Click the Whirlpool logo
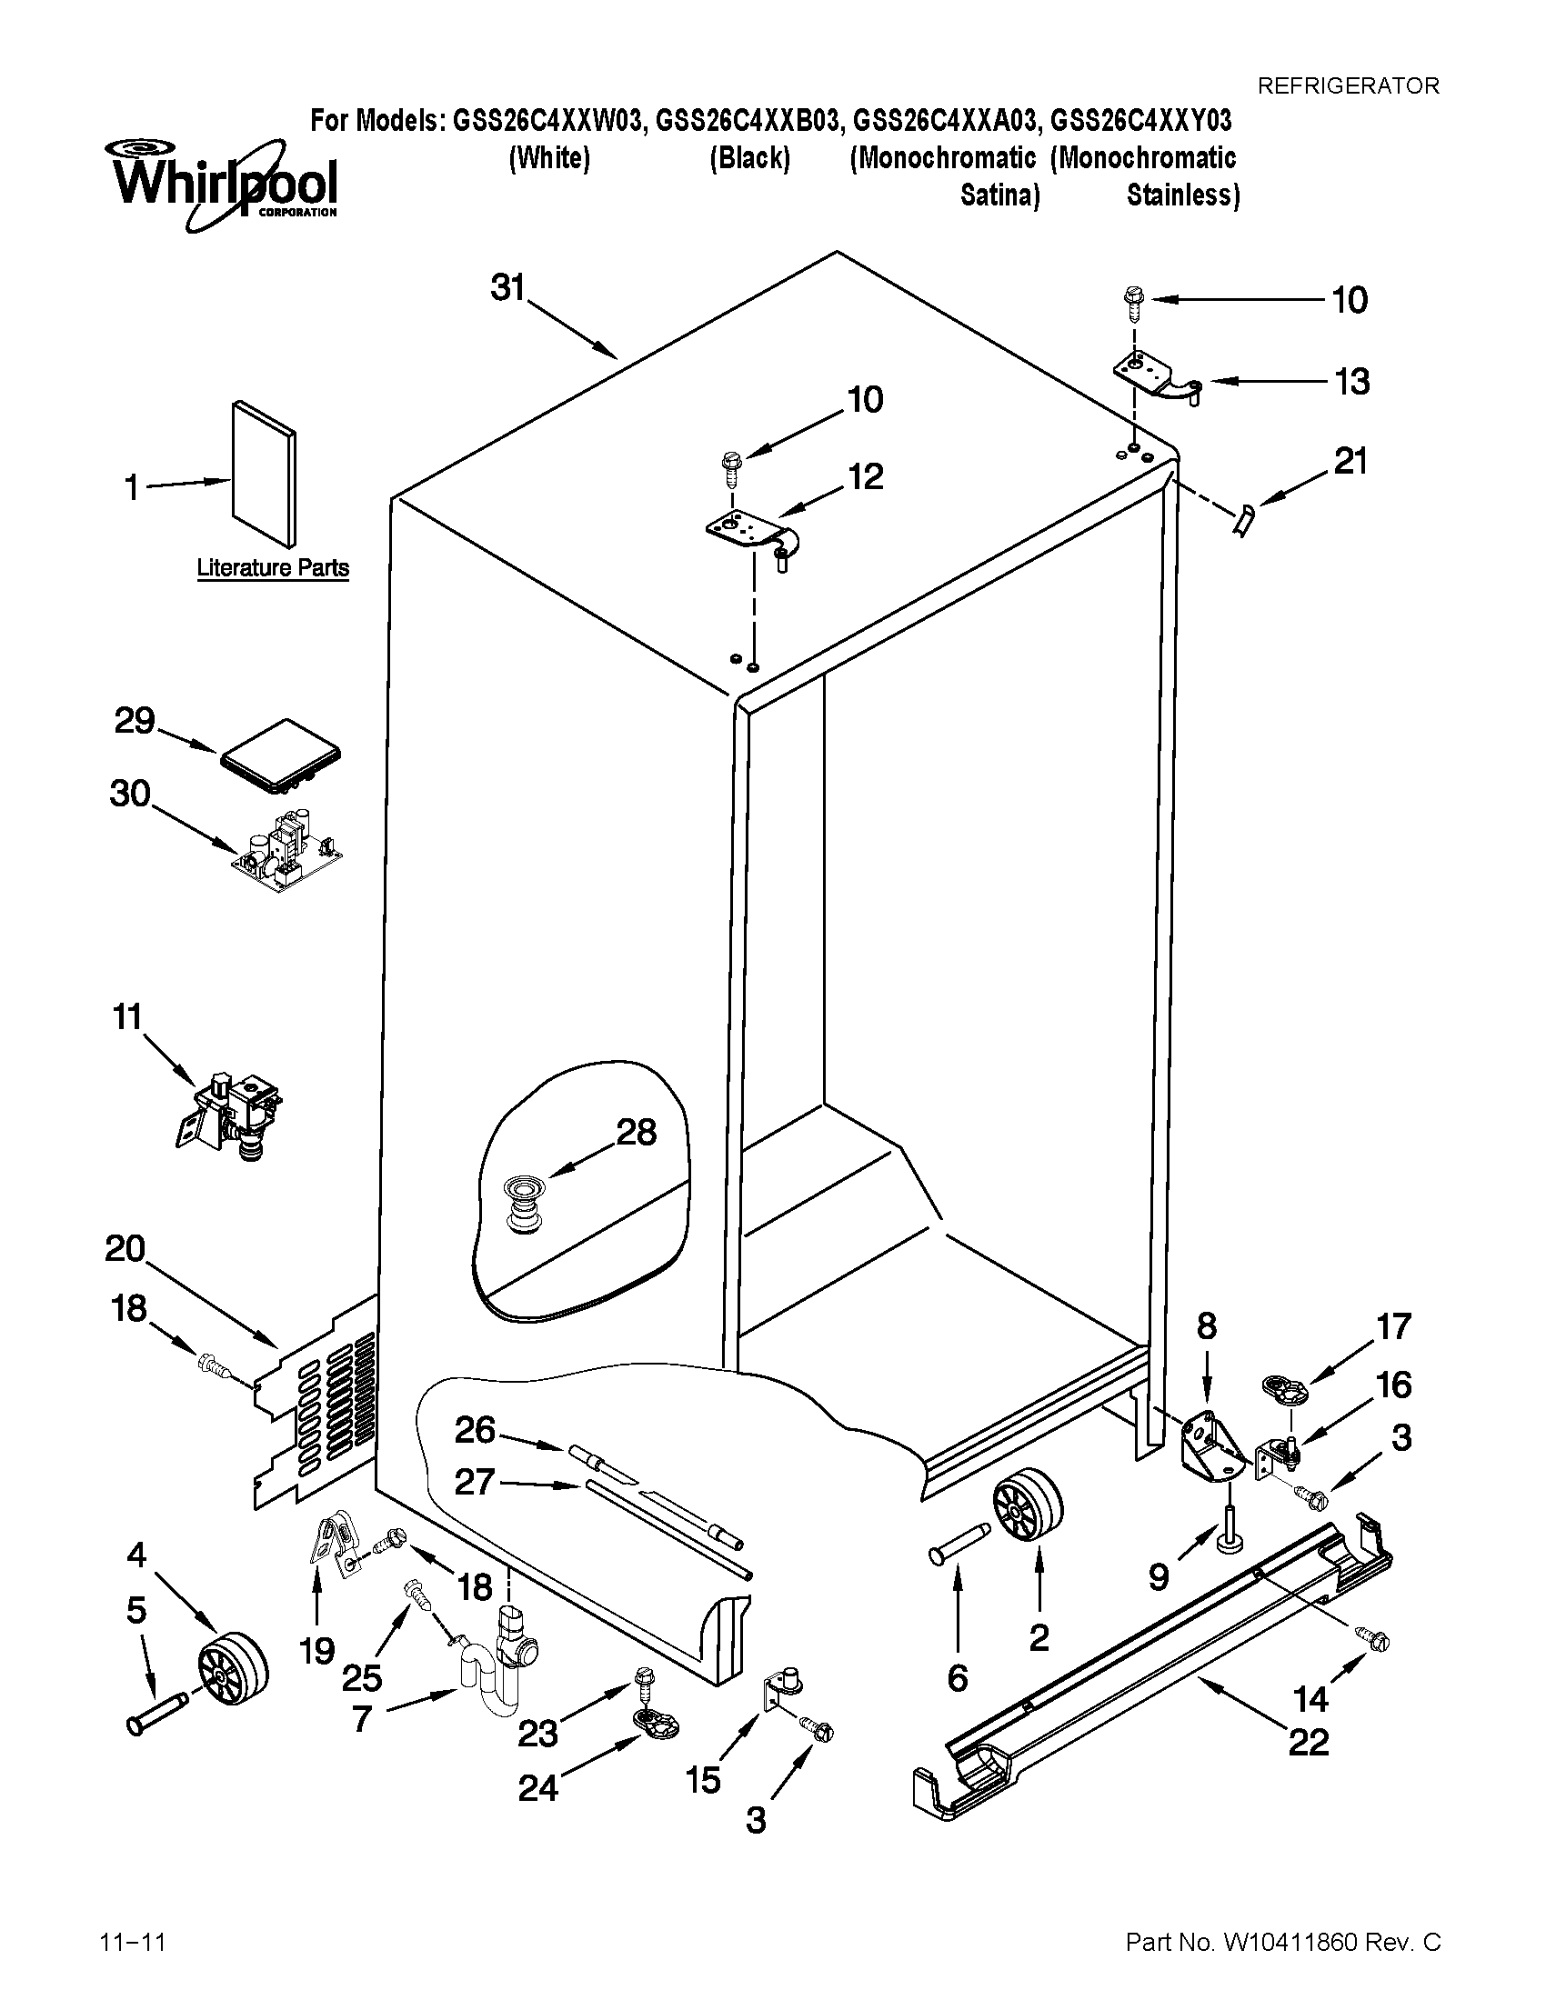click(225, 183)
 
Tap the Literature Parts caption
click(273, 568)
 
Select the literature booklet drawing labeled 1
click(264, 473)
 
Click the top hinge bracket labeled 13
click(1154, 377)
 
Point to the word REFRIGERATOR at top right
click(1347, 86)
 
